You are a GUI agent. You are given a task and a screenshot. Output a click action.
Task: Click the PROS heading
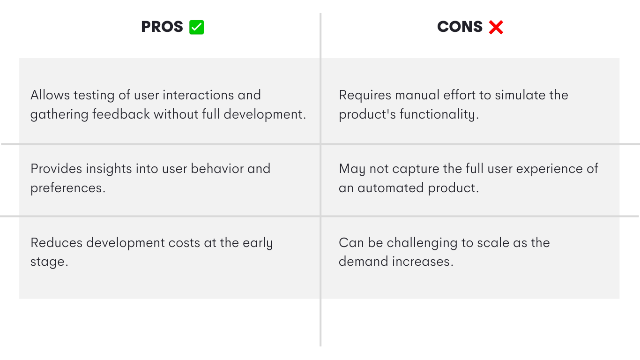162,27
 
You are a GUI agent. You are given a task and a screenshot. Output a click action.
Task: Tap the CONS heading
460,27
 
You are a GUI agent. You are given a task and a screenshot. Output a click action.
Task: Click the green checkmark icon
197,27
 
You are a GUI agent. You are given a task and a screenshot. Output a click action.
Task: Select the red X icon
496,28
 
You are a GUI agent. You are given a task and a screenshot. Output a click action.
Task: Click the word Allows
50,95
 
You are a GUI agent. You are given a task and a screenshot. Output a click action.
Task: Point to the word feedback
121,114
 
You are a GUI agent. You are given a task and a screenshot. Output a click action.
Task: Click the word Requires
365,95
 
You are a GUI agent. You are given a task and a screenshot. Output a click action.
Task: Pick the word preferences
68,188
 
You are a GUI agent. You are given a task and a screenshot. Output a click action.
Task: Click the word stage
49,262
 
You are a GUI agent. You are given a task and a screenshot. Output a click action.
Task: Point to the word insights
109,169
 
